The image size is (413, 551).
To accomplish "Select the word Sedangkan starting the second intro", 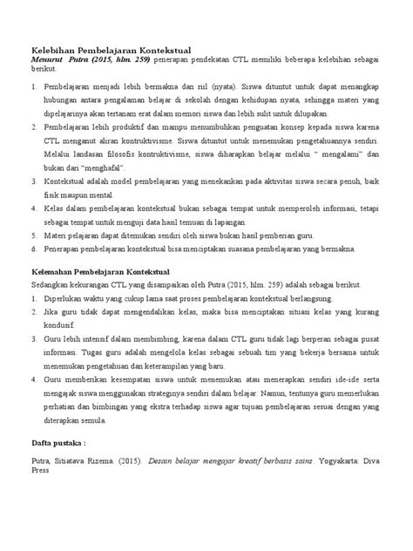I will (x=52, y=284).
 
